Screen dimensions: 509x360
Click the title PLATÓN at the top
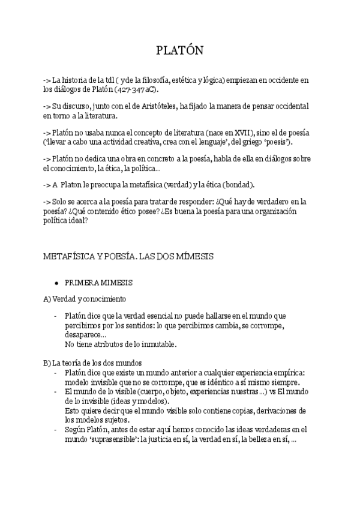click(180, 51)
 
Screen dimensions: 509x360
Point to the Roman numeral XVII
click(242, 132)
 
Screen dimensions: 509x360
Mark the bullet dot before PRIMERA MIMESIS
click(56, 282)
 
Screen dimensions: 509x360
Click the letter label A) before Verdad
click(47, 298)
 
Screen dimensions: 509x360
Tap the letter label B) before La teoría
click(47, 363)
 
